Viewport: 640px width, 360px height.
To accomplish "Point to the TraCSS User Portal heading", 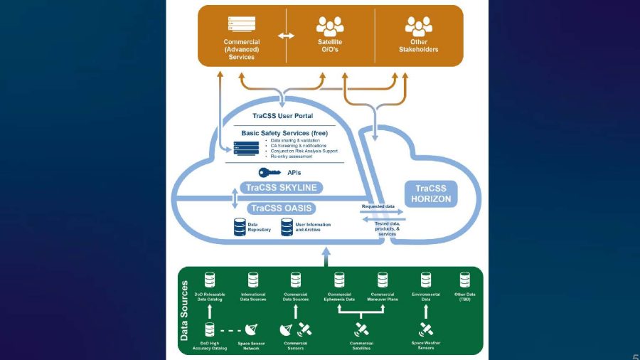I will [x=282, y=115].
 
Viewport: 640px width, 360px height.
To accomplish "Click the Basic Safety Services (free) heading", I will [x=284, y=133].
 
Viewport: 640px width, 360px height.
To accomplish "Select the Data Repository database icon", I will [x=240, y=227].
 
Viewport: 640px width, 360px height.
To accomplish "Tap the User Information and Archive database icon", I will [x=287, y=227].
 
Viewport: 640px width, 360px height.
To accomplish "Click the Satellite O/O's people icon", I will [x=330, y=27].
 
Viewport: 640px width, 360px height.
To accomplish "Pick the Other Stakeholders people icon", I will [x=418, y=27].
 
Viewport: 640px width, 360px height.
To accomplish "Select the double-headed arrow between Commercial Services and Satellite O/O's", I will [x=286, y=36].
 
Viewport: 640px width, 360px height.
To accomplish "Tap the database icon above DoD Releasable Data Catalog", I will [x=210, y=280].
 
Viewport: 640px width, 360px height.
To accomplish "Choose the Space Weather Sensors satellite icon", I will [x=426, y=329].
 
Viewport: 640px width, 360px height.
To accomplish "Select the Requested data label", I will [x=378, y=206].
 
